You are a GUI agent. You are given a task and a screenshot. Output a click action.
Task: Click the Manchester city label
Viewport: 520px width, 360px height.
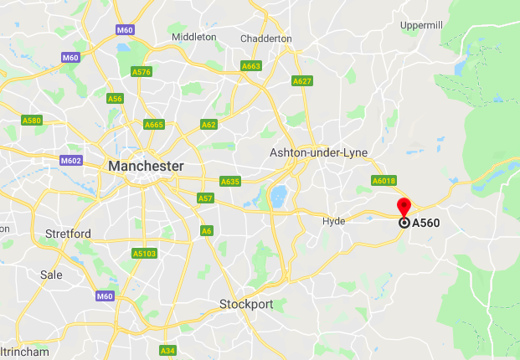[146, 167]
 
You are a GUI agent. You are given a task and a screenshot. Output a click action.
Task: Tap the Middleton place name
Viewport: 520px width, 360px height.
[193, 37]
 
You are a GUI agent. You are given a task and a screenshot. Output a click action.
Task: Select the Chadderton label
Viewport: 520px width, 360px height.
[265, 39]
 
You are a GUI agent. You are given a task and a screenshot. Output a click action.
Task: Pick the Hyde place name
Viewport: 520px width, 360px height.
[333, 221]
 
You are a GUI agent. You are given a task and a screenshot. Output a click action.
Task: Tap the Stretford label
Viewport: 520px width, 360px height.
[69, 233]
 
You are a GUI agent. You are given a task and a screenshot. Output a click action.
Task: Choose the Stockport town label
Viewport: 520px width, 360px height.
[246, 304]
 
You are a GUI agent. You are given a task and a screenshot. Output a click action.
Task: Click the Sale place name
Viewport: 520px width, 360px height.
[51, 274]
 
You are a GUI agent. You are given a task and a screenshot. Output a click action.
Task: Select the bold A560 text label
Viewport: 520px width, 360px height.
[426, 224]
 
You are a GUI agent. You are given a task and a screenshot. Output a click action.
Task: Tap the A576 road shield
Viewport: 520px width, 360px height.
[142, 72]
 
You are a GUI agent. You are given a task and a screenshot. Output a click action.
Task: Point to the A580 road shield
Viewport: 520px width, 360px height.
[32, 121]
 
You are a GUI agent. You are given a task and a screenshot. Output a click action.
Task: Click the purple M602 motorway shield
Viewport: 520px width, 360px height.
[70, 161]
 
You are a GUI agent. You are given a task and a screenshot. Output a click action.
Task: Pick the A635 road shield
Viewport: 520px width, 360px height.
[230, 181]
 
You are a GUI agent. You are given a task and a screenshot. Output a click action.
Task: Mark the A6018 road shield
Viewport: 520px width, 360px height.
[384, 181]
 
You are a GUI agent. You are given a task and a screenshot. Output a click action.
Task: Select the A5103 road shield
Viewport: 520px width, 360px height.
[144, 253]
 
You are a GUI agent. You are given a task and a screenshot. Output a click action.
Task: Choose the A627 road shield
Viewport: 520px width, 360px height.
[301, 81]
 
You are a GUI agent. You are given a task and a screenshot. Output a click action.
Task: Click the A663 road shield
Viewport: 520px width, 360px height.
[250, 65]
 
